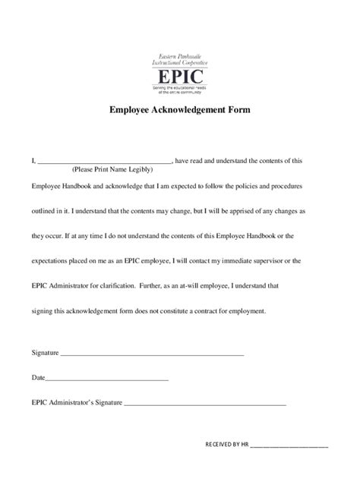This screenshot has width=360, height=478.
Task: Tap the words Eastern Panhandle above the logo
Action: point(181,55)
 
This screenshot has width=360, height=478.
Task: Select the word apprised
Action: point(244,211)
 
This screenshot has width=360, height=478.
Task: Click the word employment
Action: point(265,311)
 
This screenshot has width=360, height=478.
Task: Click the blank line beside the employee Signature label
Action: point(152,354)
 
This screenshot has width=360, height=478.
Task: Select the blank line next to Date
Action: point(107,379)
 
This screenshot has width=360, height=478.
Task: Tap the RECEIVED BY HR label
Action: point(227,445)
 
